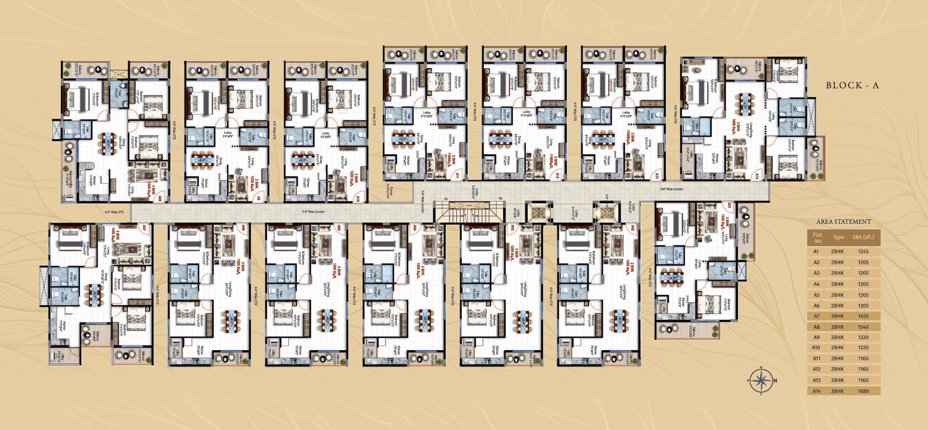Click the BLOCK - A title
coord(852,85)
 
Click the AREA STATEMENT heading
coord(843,222)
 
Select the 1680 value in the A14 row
coord(863,391)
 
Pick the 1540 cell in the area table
coord(863,327)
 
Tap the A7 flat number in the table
coord(816,316)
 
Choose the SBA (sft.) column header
coord(863,237)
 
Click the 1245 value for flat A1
coord(863,252)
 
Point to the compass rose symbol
coord(761,381)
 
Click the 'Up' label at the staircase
coord(500,199)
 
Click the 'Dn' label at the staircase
coord(446,199)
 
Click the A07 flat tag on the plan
coord(144,228)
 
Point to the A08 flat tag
coord(159,198)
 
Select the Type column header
coord(838,237)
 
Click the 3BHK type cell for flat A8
coord(838,327)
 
